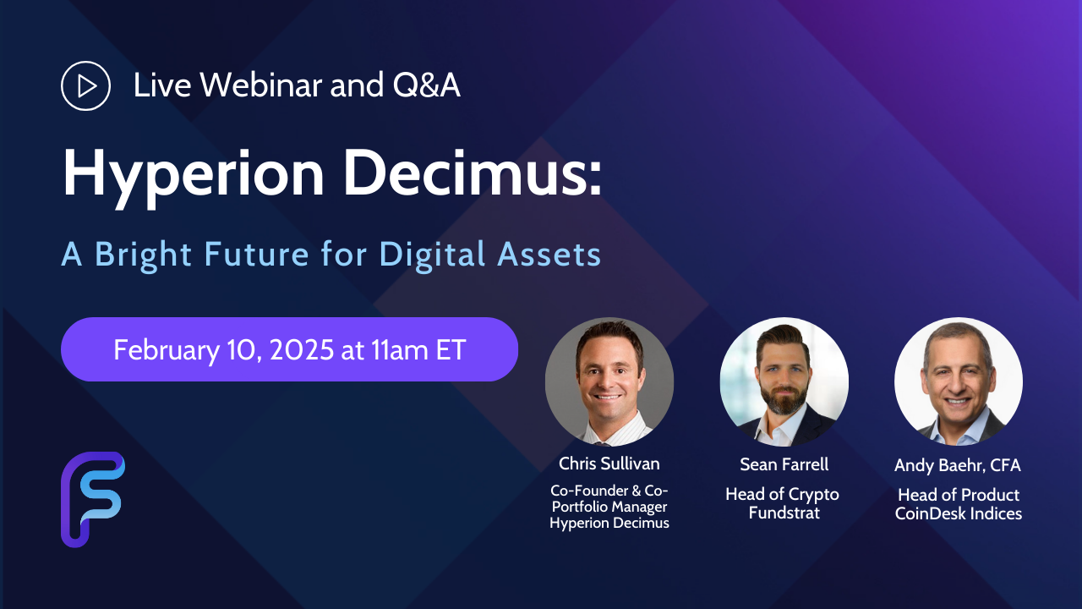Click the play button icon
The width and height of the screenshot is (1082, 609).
[x=85, y=85]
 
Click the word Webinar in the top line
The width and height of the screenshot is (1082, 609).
[x=261, y=85]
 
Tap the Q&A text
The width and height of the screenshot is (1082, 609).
[x=426, y=85]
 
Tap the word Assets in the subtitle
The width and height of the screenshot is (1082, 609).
[x=549, y=255]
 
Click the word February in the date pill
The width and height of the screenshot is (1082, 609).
[x=167, y=350]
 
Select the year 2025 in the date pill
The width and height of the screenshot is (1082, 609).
[x=302, y=349]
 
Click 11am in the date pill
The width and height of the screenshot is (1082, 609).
[x=400, y=349]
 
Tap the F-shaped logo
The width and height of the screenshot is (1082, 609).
[x=93, y=499]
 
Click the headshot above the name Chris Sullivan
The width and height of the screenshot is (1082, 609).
[x=609, y=381]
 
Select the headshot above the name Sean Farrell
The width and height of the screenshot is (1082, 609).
[x=784, y=381]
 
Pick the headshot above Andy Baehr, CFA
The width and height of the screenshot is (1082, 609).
[x=959, y=381]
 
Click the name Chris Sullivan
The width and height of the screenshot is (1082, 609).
[x=609, y=464]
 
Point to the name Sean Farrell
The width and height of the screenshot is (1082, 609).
[x=784, y=464]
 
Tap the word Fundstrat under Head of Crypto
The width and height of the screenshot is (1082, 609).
[x=784, y=513]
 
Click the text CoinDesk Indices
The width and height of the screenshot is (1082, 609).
[x=959, y=513]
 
